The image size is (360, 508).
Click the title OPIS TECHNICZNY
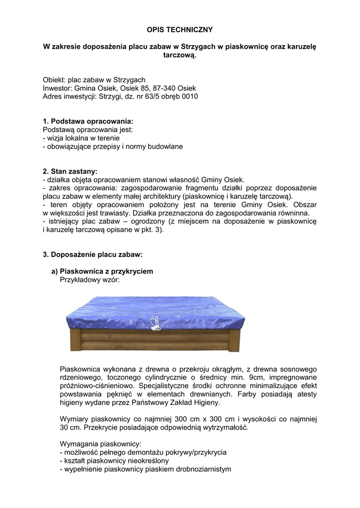pyautogui.click(x=180, y=30)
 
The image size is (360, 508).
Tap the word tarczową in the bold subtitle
pyautogui.click(x=180, y=56)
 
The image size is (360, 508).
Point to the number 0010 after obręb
pyautogui.click(x=190, y=96)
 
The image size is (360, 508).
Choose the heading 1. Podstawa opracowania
pyautogui.click(x=88, y=121)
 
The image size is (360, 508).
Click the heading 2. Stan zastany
pyautogui.click(x=70, y=171)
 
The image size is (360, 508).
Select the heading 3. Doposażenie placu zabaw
pyautogui.click(x=93, y=254)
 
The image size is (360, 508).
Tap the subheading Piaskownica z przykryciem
pyautogui.click(x=106, y=271)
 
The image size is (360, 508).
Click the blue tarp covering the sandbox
pyautogui.click(x=199, y=310)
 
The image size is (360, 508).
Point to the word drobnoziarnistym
pyautogui.click(x=203, y=469)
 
